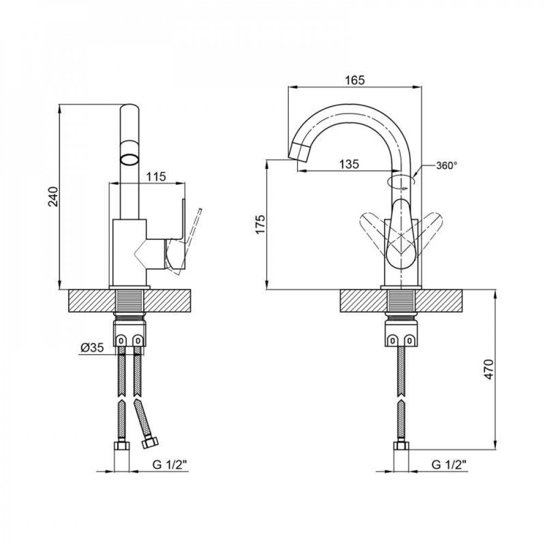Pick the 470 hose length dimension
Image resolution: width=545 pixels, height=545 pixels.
[489, 370]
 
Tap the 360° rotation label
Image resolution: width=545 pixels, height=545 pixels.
[446, 166]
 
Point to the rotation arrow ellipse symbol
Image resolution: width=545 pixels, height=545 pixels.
[402, 181]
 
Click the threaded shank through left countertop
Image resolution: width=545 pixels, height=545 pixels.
[130, 301]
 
